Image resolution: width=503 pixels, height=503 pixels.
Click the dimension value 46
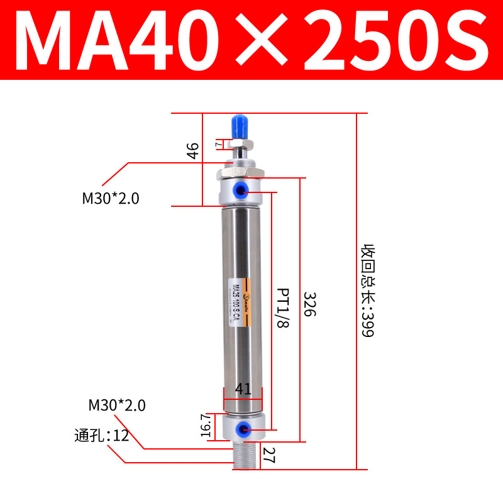point(193,151)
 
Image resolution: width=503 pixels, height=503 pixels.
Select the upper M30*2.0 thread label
point(111,199)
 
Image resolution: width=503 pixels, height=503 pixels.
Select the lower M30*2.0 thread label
point(117,406)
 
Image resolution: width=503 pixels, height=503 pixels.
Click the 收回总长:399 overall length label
point(367,290)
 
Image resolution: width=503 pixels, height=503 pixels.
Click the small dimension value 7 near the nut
point(218,144)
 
